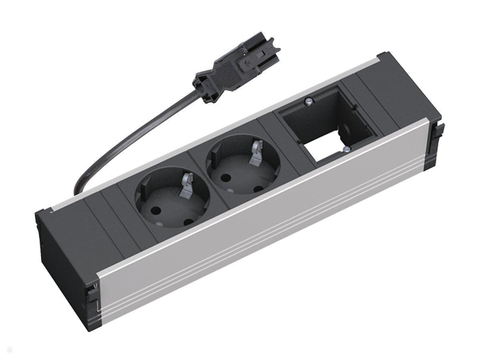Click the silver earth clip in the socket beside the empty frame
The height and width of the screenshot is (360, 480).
256,157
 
